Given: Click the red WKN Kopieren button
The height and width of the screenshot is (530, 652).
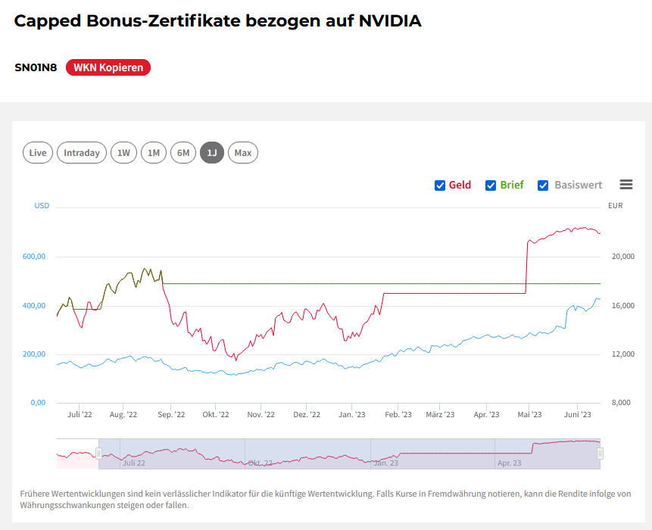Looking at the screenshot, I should [108, 67].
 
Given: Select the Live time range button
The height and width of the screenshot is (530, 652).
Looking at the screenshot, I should [38, 153].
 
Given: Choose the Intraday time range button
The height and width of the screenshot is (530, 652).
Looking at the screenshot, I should [82, 153].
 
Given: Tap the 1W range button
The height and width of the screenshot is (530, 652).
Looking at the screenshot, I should [123, 153].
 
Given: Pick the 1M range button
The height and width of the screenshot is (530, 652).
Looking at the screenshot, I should [154, 153].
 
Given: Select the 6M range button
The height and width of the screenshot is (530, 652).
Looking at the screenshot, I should [183, 153].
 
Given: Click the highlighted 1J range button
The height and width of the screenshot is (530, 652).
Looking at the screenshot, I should [212, 153].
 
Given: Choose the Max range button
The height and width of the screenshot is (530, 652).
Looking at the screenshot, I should [243, 153].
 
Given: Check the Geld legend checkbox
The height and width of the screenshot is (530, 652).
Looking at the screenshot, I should [440, 185].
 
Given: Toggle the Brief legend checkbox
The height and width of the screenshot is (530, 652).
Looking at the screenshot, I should [491, 185].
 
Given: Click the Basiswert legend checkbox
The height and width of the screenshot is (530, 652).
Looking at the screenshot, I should [543, 185].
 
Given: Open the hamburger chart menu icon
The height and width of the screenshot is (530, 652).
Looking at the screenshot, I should [625, 185].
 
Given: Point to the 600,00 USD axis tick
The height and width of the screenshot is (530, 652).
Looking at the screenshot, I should [34, 257].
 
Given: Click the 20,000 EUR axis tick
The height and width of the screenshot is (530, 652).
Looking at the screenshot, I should [622, 257].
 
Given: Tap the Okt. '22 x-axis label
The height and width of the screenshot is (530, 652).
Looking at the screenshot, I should [216, 415].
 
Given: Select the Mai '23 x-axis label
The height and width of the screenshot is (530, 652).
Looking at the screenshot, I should [529, 415].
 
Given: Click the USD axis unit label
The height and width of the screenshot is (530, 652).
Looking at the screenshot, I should [42, 206].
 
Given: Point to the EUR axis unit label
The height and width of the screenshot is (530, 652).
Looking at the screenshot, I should [615, 206].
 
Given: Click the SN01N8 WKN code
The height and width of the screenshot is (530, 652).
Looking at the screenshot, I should [36, 67].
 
